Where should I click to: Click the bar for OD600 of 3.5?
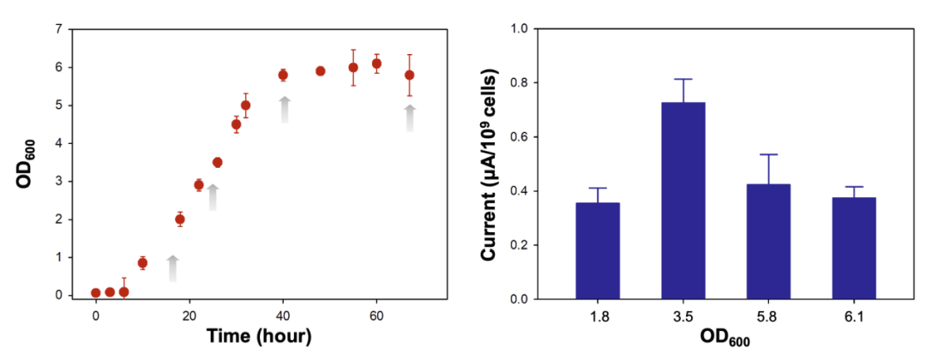click(x=682, y=201)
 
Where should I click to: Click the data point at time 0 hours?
click(x=96, y=293)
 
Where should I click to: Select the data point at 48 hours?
click(x=320, y=71)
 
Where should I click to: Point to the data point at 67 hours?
click(x=409, y=75)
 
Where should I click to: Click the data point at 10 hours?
click(x=142, y=263)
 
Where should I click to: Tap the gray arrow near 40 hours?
click(x=284, y=111)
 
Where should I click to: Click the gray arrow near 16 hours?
click(x=172, y=268)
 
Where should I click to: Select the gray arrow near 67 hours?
click(x=410, y=118)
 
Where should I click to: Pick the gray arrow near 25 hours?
click(x=213, y=197)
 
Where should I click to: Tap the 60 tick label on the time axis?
click(x=376, y=314)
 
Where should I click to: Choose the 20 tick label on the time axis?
click(x=189, y=314)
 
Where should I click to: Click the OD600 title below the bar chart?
click(x=727, y=337)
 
